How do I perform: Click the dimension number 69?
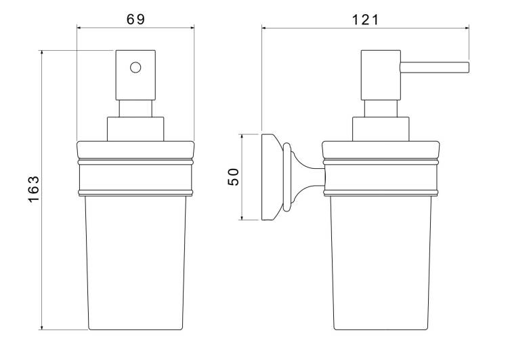click(135, 20)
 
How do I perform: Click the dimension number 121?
click(365, 20)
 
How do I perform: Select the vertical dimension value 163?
click(34, 189)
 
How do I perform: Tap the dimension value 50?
click(233, 177)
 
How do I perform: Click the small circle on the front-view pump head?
click(135, 68)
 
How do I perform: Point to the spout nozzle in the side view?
click(434, 68)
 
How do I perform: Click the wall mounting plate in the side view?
click(269, 177)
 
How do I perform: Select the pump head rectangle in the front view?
click(135, 75)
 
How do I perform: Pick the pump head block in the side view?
click(381, 75)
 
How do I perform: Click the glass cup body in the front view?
click(135, 262)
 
